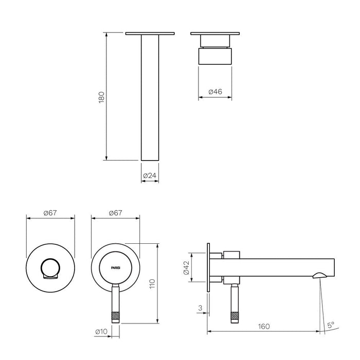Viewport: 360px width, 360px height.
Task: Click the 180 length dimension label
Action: (x=101, y=97)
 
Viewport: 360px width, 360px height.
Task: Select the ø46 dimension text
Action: (x=214, y=92)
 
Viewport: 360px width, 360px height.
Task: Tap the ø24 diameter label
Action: (x=149, y=175)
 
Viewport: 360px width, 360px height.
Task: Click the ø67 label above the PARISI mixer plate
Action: (x=116, y=212)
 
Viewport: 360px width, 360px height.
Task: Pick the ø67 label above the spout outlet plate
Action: (x=50, y=212)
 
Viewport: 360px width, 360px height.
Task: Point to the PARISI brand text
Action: (x=116, y=268)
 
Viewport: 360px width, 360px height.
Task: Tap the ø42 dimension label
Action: (x=186, y=268)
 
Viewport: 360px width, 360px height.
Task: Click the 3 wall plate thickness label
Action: (x=199, y=309)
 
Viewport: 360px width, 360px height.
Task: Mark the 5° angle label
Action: (x=331, y=325)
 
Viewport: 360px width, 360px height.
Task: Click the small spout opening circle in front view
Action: (x=50, y=268)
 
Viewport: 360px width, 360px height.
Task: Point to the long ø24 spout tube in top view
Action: (x=149, y=98)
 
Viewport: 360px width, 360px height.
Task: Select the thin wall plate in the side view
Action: (x=209, y=268)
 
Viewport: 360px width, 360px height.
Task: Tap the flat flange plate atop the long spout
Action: (x=149, y=34)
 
